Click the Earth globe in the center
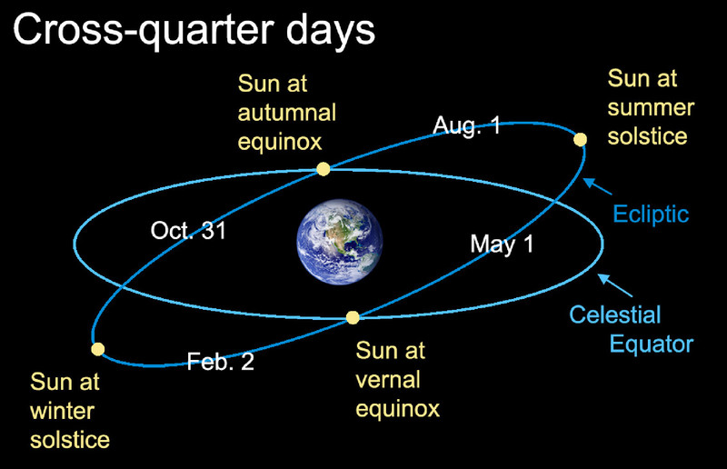340,242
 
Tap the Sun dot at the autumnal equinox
324,169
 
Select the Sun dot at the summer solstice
580,139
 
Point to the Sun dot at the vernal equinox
353,317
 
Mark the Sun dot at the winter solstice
98,349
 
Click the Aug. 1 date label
467,125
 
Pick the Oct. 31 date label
188,230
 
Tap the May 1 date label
503,244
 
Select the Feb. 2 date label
221,362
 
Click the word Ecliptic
651,215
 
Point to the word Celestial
615,314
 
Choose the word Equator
651,344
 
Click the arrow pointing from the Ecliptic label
598,186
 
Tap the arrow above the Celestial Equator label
615,285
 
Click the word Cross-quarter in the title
144,31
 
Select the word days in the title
330,31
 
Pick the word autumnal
287,113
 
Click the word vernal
388,380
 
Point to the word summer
651,107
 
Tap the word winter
62,411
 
